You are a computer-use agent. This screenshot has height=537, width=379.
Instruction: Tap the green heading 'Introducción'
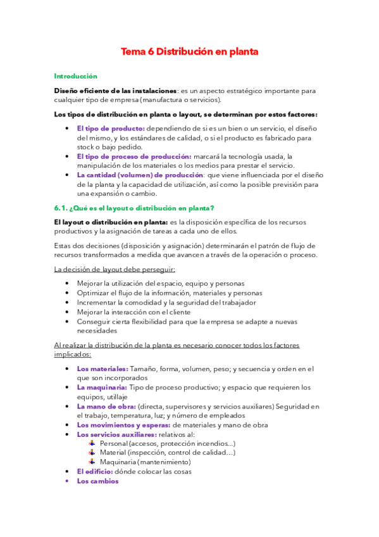pos(76,75)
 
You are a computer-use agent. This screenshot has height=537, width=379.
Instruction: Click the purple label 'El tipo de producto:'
pos(111,129)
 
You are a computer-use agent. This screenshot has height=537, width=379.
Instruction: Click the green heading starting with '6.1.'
pos(134,208)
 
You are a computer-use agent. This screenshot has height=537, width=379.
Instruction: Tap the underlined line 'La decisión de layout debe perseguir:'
pos(115,268)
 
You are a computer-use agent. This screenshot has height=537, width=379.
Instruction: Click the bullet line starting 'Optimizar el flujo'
pos(169,293)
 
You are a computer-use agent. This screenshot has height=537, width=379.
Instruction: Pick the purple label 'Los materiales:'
pos(103,369)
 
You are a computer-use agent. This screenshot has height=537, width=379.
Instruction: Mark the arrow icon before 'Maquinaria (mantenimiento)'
pos(92,462)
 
